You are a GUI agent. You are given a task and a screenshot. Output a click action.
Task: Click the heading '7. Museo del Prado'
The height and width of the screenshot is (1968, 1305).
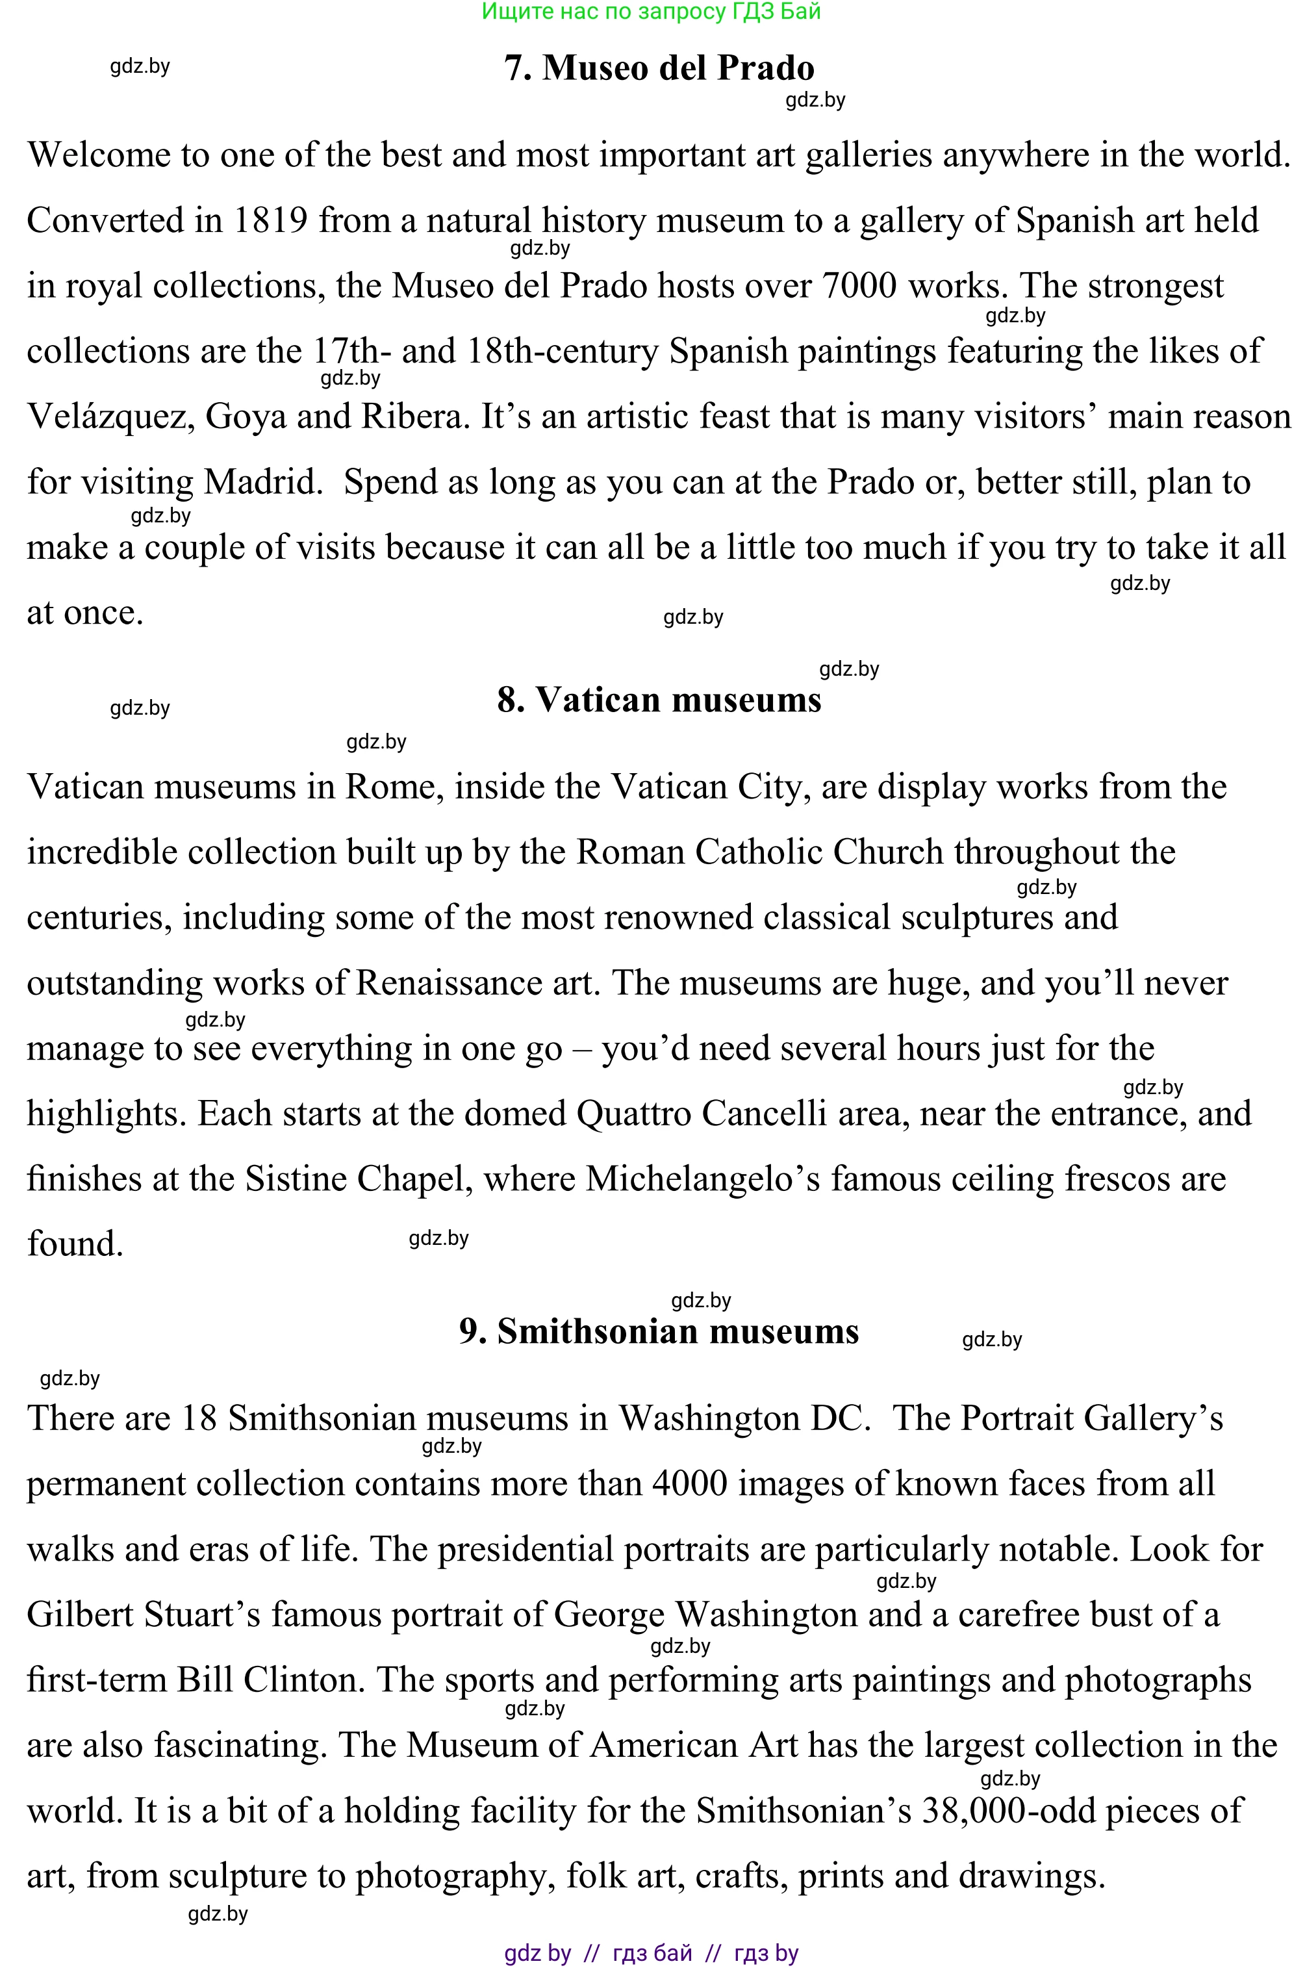pos(659,68)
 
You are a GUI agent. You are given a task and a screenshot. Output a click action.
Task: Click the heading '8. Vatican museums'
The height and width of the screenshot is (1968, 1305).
pos(659,700)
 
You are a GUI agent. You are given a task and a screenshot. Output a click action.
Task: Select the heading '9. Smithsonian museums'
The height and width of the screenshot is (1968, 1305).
pos(659,1331)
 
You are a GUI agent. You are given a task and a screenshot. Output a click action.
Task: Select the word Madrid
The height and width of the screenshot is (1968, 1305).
pos(263,482)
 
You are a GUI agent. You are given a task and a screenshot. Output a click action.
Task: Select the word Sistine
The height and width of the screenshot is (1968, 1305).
pos(295,1179)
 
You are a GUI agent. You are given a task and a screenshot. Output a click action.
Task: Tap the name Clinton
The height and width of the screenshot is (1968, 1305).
pos(304,1680)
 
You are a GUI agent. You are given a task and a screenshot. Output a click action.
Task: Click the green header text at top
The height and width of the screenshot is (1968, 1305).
pos(652,12)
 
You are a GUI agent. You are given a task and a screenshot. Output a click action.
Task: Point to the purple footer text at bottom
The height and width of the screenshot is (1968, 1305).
pos(652,1953)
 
